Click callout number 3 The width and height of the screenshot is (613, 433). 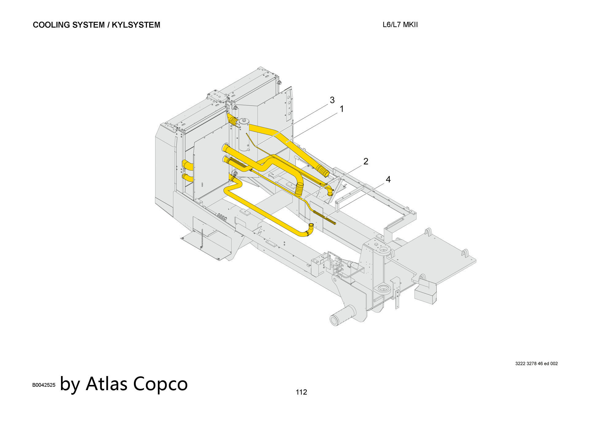pyautogui.click(x=332, y=100)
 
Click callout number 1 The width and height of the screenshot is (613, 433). pyautogui.click(x=341, y=109)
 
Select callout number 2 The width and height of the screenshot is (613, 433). pyautogui.click(x=366, y=161)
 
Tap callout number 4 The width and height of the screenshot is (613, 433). pyautogui.click(x=388, y=180)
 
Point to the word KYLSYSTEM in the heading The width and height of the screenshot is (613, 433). pyautogui.click(x=136, y=25)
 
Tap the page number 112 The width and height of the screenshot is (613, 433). pyautogui.click(x=301, y=392)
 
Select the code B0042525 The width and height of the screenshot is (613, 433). pyautogui.click(x=44, y=385)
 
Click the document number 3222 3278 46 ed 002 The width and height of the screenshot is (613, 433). pyautogui.click(x=536, y=364)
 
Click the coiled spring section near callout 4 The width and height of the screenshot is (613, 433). pyautogui.click(x=325, y=217)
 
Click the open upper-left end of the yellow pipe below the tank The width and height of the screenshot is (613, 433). pyautogui.click(x=225, y=149)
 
